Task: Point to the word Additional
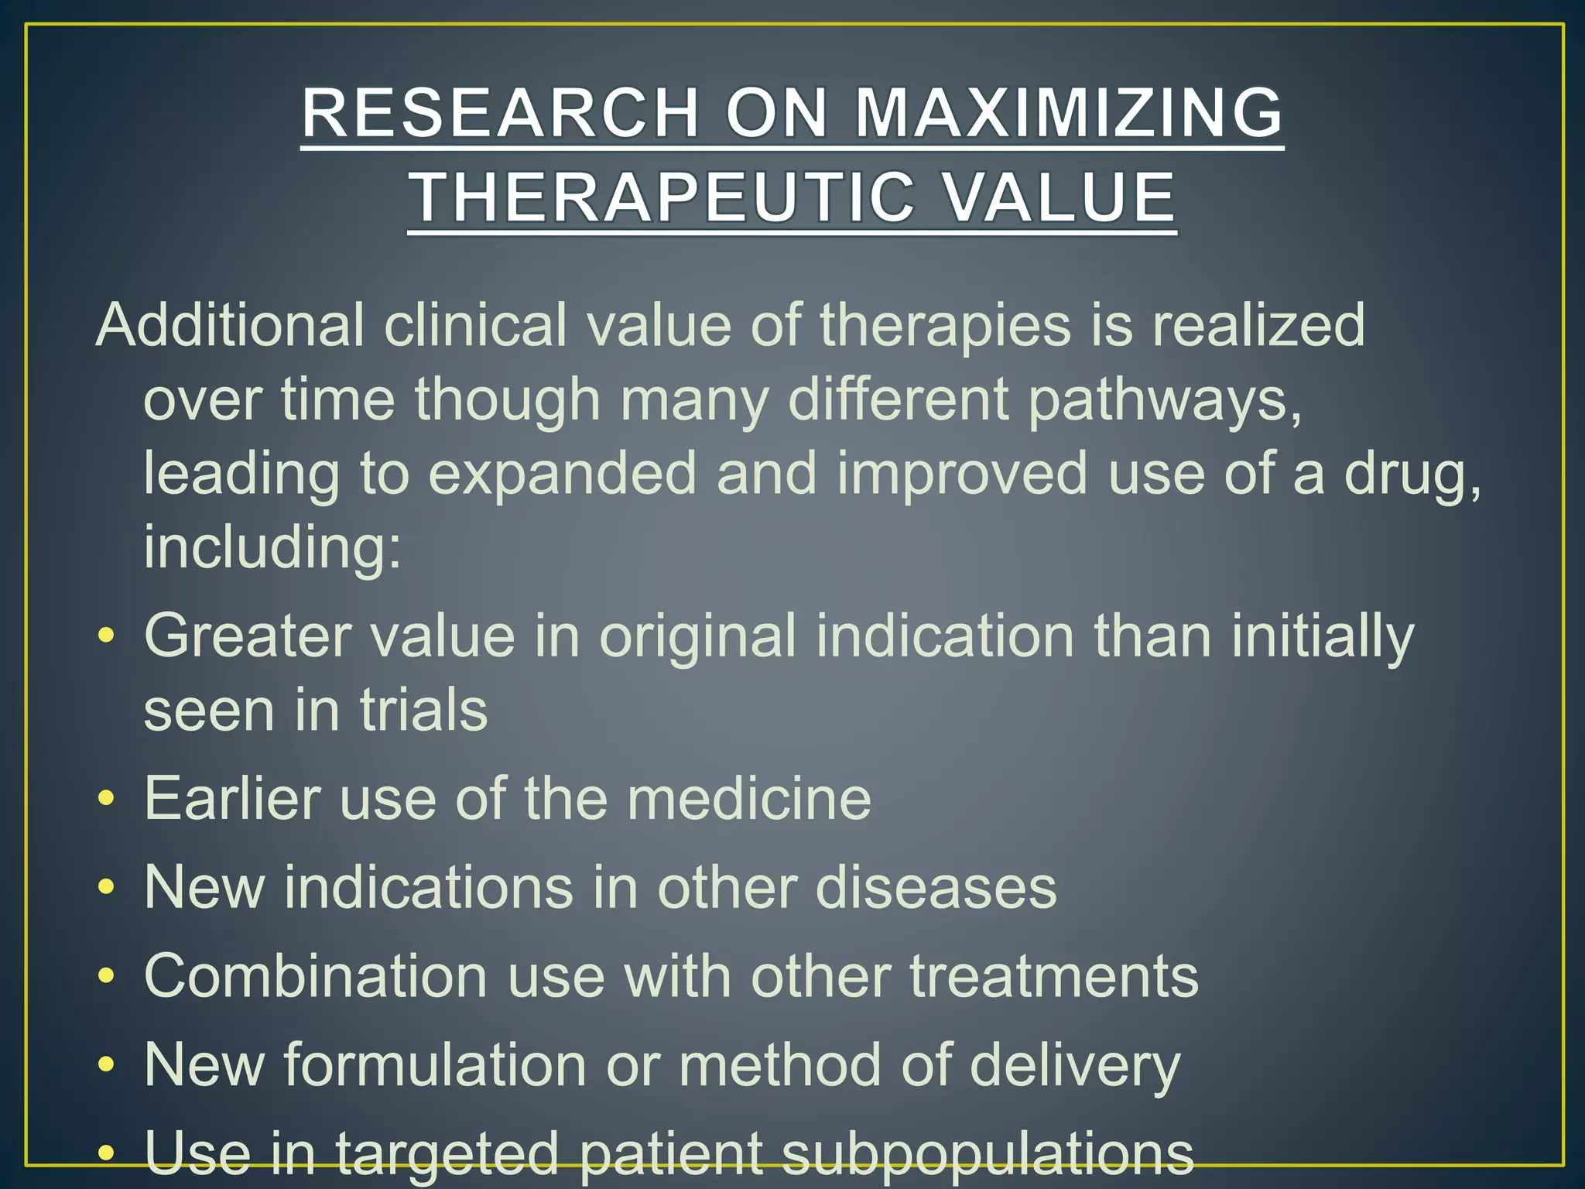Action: click(x=230, y=325)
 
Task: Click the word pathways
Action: click(x=1166, y=400)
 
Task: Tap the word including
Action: click(x=272, y=547)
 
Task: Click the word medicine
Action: click(x=749, y=798)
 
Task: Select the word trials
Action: click(x=423, y=710)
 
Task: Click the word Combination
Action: click(x=316, y=976)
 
